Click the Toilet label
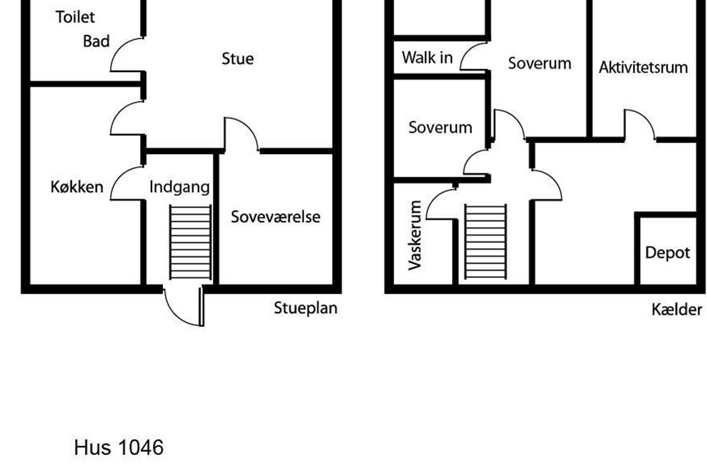[x=75, y=17]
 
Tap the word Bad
[x=96, y=41]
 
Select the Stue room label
[x=237, y=59]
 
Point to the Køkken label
[x=77, y=187]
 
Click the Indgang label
[x=179, y=187]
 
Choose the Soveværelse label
[x=276, y=217]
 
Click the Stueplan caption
[x=306, y=308]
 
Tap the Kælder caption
[x=677, y=310]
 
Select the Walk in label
[x=427, y=58]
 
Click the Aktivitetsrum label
[x=643, y=68]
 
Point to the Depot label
[x=668, y=253]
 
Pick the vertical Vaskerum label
[x=415, y=235]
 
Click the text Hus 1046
[x=118, y=447]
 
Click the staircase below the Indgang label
[x=190, y=242]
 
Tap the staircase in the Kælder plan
[x=485, y=242]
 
